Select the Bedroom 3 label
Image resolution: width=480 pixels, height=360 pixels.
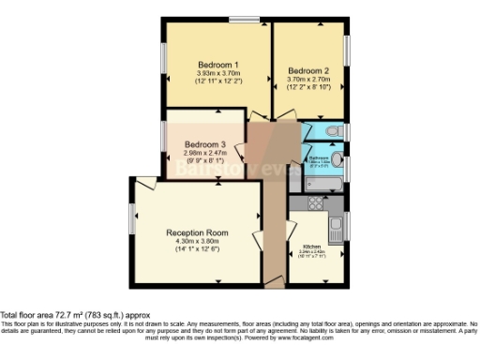point(204,144)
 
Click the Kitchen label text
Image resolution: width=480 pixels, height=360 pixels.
point(309,247)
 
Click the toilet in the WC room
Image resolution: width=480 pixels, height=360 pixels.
point(336,132)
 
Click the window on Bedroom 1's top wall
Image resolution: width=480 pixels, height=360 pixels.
point(246,19)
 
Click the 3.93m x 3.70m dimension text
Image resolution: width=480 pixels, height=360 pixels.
point(217,74)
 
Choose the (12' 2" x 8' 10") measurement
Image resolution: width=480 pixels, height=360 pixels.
point(308,87)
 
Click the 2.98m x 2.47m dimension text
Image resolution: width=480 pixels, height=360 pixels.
point(204,153)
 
